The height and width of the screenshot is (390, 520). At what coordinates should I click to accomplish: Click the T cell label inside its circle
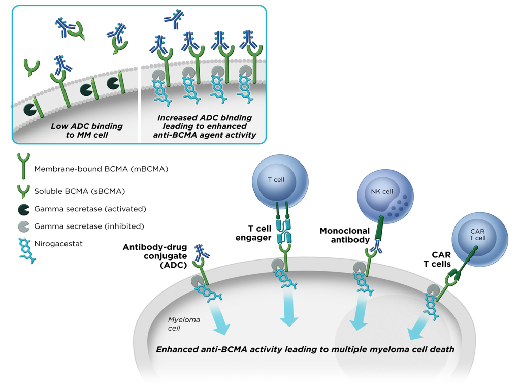(x=276, y=179)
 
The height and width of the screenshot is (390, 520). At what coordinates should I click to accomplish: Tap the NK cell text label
(x=382, y=192)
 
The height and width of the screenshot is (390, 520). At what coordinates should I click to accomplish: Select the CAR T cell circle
(x=479, y=239)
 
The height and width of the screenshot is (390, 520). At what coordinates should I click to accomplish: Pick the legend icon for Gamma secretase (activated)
(x=23, y=209)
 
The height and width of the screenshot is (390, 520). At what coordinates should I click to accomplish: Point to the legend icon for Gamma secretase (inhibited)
(x=23, y=226)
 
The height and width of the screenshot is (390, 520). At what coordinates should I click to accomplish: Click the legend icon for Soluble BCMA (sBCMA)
(x=23, y=191)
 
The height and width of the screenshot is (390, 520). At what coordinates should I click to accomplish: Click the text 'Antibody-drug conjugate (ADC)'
(x=155, y=256)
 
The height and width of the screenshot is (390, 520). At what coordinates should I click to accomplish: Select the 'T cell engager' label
(x=257, y=233)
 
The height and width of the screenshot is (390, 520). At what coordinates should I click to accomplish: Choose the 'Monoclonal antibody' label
(x=344, y=235)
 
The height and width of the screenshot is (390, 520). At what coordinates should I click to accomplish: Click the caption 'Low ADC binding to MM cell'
(x=86, y=131)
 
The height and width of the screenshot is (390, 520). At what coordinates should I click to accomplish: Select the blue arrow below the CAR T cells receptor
(x=419, y=325)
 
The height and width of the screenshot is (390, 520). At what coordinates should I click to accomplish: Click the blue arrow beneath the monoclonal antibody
(x=361, y=313)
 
